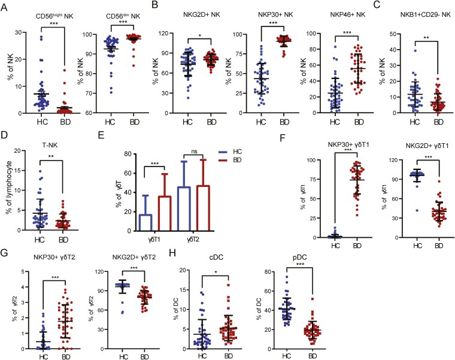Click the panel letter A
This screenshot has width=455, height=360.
tap(5, 6)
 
